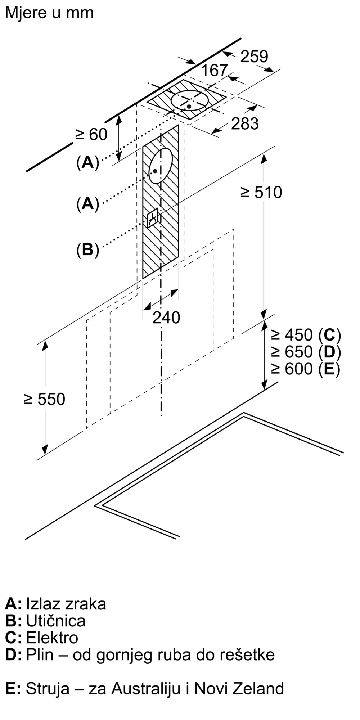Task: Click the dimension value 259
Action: [x=254, y=57]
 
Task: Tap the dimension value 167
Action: [x=214, y=70]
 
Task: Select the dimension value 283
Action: [x=245, y=123]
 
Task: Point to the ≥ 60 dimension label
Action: [x=91, y=135]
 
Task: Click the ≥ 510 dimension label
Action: [x=261, y=192]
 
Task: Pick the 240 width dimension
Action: [x=166, y=318]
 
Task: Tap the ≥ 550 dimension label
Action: [x=44, y=399]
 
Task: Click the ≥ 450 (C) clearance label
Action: [x=306, y=335]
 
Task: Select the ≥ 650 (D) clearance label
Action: [x=306, y=352]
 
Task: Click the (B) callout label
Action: [x=87, y=249]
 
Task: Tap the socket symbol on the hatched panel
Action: [x=153, y=217]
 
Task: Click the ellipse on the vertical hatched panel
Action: [x=161, y=166]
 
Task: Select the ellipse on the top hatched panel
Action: [x=190, y=100]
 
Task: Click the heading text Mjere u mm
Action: [x=49, y=13]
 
